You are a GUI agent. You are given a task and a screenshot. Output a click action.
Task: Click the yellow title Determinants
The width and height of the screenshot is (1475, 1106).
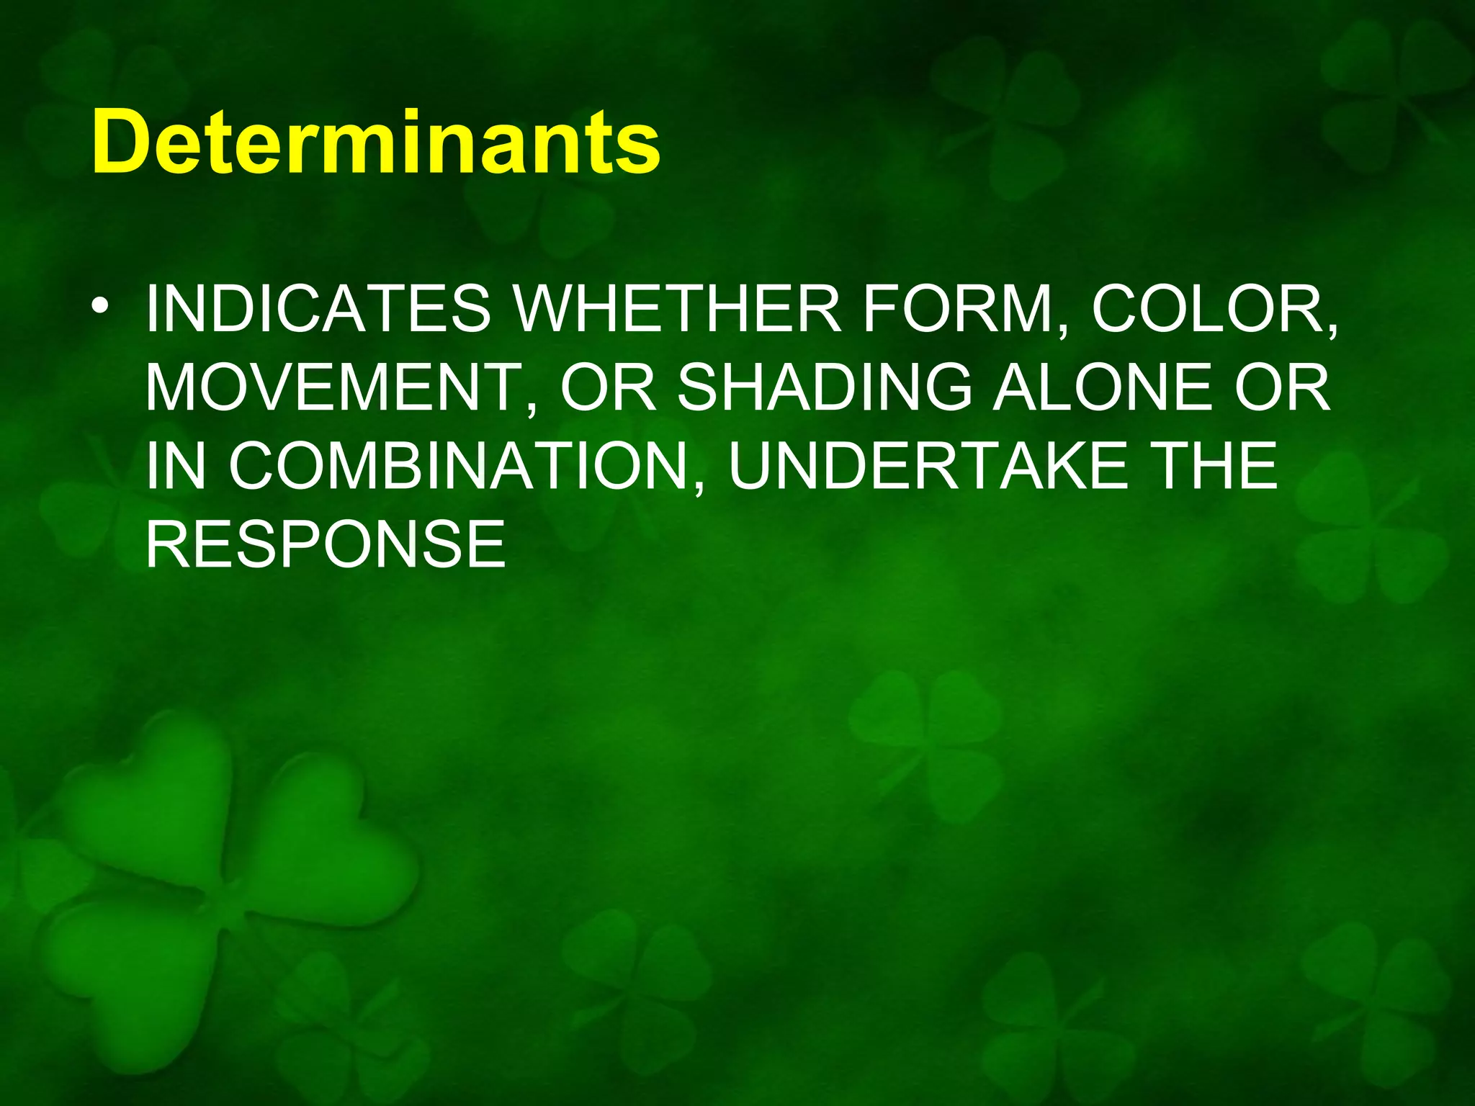click(x=376, y=142)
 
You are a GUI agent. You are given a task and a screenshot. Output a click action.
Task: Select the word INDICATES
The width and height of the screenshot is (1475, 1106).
click(x=318, y=310)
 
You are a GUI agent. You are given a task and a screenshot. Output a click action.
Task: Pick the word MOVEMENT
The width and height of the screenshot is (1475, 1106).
click(x=333, y=388)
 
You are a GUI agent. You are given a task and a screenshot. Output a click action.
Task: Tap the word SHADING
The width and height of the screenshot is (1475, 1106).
click(x=825, y=388)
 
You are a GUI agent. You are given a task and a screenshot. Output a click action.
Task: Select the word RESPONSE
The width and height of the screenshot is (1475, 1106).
click(x=326, y=544)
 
